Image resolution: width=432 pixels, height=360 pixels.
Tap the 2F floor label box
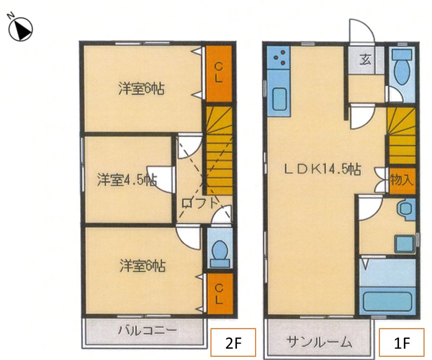click(233, 342)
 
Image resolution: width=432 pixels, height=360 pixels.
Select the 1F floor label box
click(401, 342)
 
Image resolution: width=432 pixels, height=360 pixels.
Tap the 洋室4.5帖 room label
click(126, 180)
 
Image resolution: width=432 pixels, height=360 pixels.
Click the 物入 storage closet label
click(401, 179)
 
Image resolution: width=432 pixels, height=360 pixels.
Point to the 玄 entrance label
click(366, 59)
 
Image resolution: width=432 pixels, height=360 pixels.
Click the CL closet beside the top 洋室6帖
click(218, 73)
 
